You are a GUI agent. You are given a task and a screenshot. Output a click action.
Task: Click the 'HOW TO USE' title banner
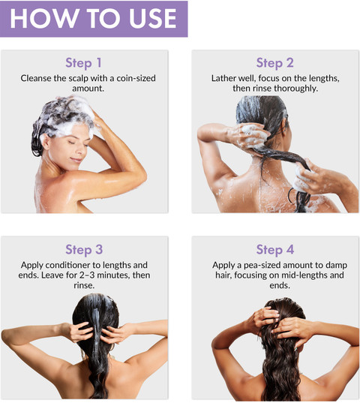(x=94, y=19)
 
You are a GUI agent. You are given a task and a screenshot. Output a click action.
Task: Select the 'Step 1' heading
(x=83, y=63)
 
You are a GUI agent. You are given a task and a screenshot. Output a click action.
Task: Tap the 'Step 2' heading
(x=275, y=63)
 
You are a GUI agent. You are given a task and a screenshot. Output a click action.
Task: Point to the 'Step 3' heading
(x=84, y=250)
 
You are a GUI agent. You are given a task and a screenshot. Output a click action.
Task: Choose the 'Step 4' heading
(x=275, y=250)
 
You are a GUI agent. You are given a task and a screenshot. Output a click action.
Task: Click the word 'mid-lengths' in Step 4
(x=304, y=275)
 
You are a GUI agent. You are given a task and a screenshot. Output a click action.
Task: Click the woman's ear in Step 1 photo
(x=46, y=142)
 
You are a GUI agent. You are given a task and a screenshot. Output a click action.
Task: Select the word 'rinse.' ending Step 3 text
(x=84, y=285)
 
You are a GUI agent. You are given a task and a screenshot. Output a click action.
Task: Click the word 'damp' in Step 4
(x=337, y=265)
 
